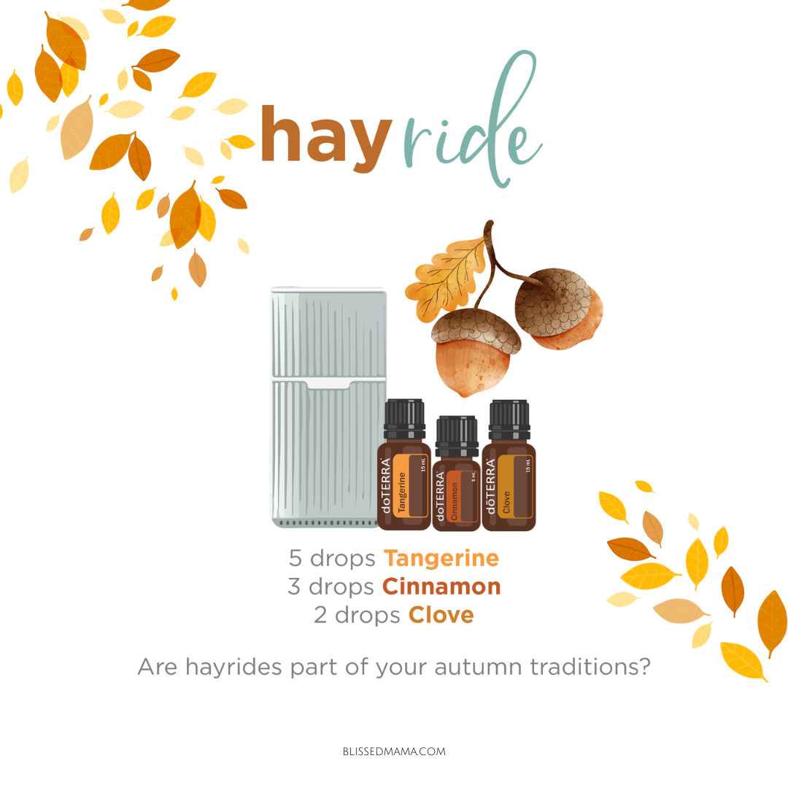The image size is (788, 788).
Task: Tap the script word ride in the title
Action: point(471,120)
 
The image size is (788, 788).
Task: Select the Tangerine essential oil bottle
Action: point(404,465)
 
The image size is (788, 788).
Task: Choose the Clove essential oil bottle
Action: point(509,466)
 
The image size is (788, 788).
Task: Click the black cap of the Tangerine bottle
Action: point(404,419)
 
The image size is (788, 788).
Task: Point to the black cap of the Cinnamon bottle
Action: point(456,435)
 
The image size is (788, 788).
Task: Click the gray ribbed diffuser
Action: point(328,408)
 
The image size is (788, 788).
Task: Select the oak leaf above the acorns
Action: point(448,277)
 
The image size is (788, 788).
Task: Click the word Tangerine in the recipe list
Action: point(441,558)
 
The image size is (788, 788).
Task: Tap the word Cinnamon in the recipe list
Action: point(441,587)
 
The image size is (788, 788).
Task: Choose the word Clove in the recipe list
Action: point(441,615)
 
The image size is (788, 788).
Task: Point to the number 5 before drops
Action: point(295,558)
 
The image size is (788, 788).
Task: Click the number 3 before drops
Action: point(294,587)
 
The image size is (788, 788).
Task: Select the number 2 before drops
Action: point(320,615)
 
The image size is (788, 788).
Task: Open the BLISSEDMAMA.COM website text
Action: point(394,752)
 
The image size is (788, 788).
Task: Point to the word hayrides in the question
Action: point(233,668)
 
